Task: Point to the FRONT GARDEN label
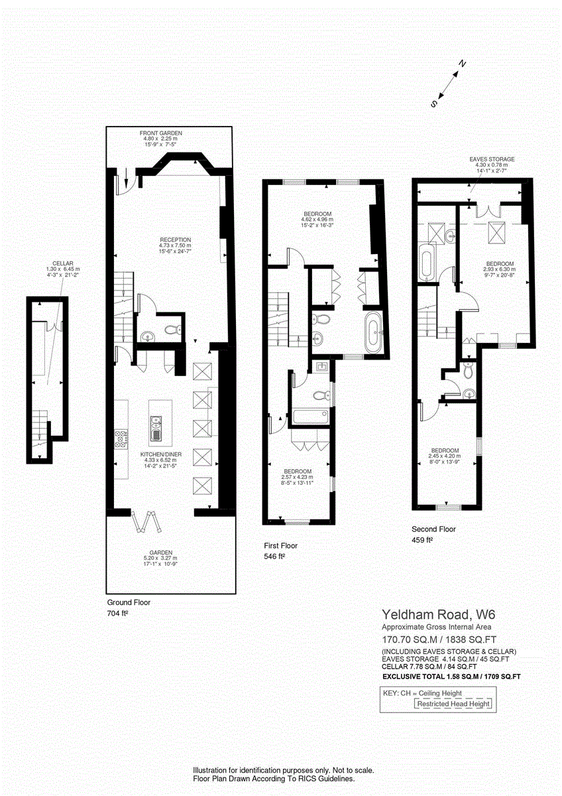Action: click(x=160, y=133)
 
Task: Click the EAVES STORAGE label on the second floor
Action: click(x=492, y=160)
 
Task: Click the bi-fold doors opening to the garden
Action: click(x=148, y=521)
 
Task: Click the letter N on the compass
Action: click(x=464, y=64)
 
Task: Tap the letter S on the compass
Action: click(x=434, y=103)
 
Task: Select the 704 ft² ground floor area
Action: click(x=117, y=614)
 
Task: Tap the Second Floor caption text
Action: click(x=433, y=529)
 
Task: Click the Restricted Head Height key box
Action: click(x=453, y=704)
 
